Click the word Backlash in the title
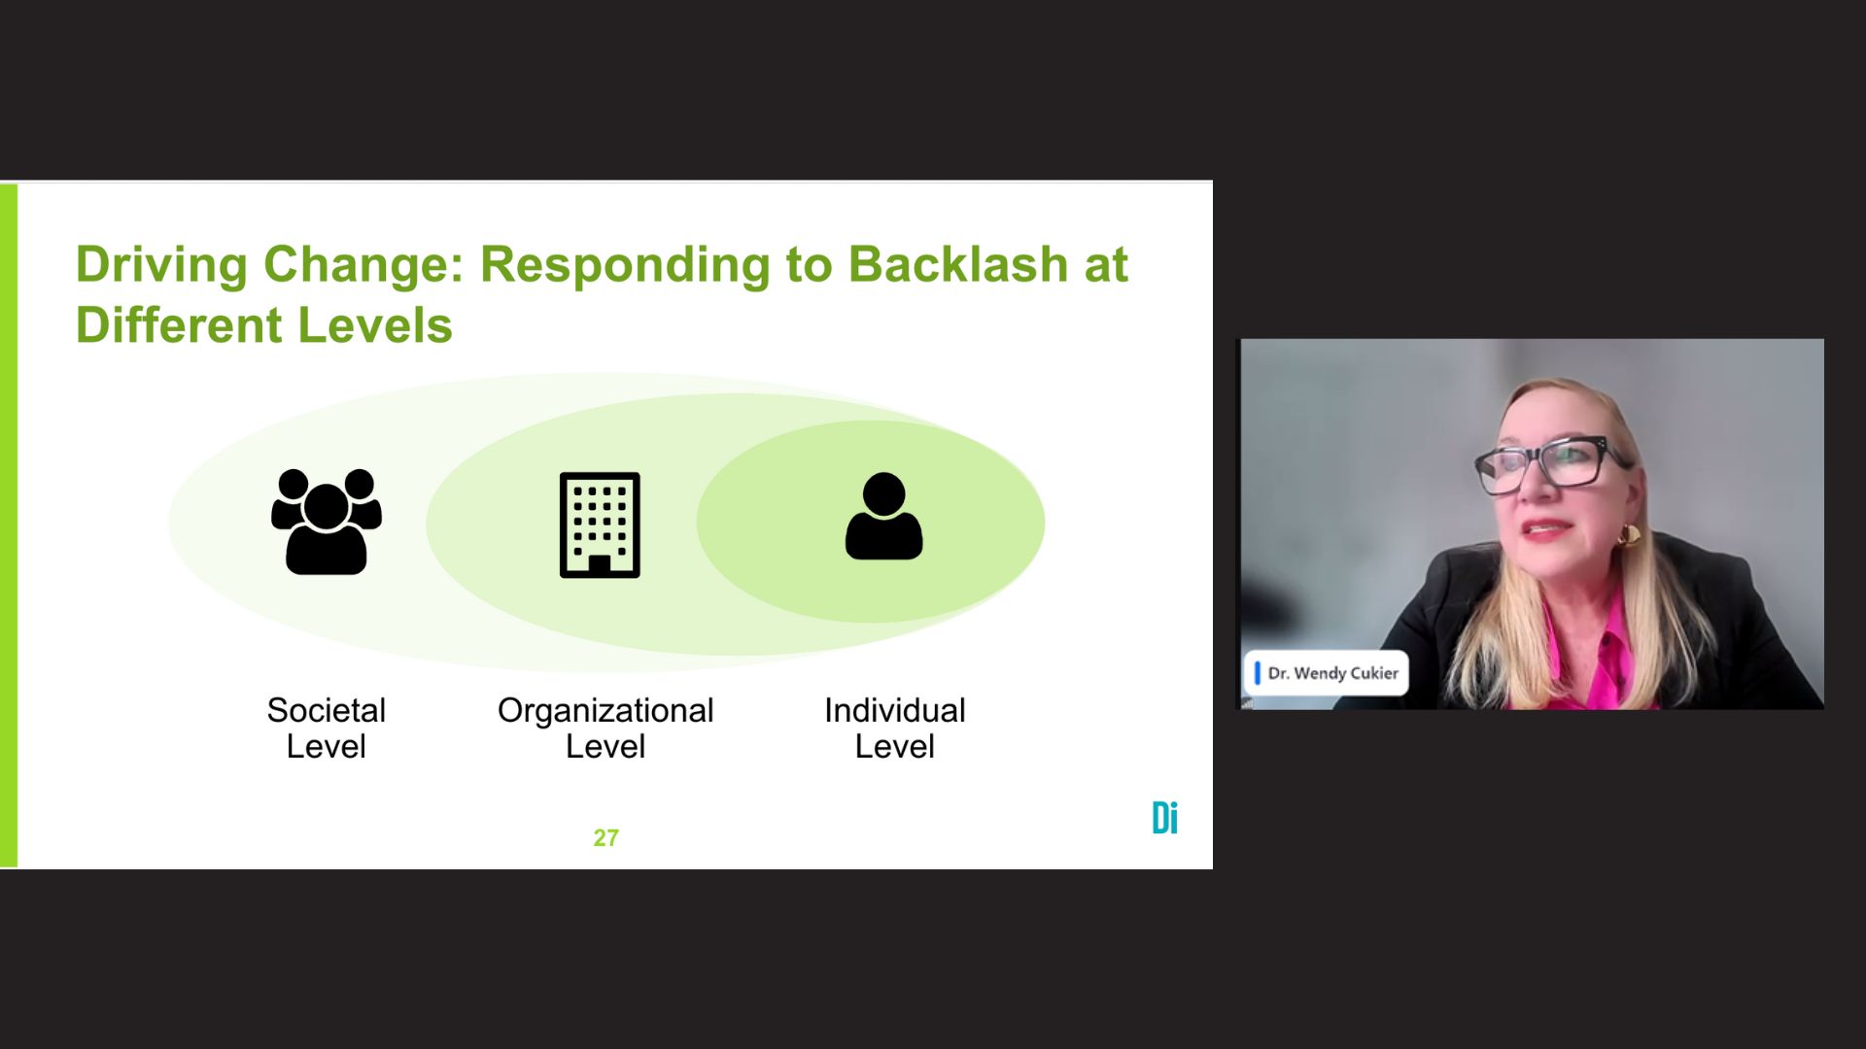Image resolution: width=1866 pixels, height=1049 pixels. (957, 264)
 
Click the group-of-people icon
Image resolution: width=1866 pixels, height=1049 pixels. (327, 523)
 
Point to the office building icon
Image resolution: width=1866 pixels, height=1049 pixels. (600, 524)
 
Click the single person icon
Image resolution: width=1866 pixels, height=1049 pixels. (883, 518)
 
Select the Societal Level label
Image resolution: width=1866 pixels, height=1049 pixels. (327, 728)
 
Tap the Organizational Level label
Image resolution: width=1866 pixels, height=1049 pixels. (605, 728)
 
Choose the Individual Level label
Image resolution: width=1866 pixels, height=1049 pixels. (894, 728)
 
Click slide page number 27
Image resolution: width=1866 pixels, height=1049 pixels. (605, 837)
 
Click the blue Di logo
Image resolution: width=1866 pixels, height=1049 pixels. (1164, 818)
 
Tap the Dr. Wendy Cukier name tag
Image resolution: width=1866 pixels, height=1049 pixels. (1327, 673)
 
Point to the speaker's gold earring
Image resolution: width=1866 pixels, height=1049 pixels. (1629, 534)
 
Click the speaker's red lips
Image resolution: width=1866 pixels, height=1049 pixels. (1545, 529)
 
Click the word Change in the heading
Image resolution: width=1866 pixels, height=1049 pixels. (363, 264)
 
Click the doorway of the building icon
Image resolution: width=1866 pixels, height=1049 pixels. (600, 564)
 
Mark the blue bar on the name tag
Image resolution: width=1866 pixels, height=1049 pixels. (1257, 673)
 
